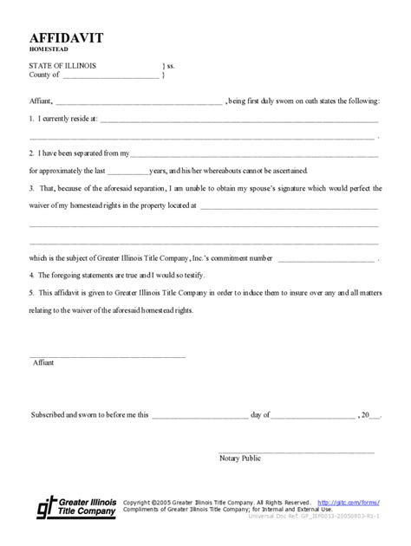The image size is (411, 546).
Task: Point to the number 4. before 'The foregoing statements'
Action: pyautogui.click(x=31, y=274)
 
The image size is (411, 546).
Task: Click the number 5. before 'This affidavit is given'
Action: pyautogui.click(x=31, y=292)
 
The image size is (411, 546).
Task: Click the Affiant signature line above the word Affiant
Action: pyautogui.click(x=108, y=355)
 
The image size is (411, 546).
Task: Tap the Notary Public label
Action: pyautogui.click(x=240, y=457)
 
